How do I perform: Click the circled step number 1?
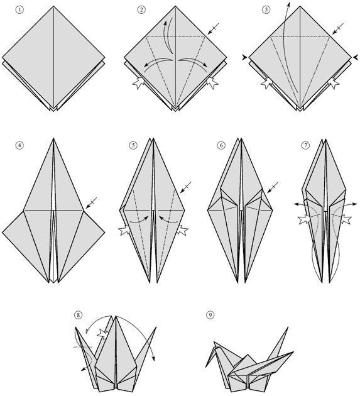pyautogui.click(x=19, y=10)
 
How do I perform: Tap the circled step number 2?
pyautogui.click(x=141, y=10)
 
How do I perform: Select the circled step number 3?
pyautogui.click(x=266, y=10)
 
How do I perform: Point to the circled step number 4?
pyautogui.click(x=19, y=145)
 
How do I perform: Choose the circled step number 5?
pyautogui.click(x=133, y=145)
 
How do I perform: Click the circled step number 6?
pyautogui.click(x=221, y=145)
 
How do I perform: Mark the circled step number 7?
pyautogui.click(x=305, y=145)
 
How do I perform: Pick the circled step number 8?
pyautogui.click(x=78, y=315)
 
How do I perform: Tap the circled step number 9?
pyautogui.click(x=210, y=315)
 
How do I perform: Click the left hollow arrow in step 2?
pyautogui.click(x=138, y=83)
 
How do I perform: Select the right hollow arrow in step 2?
pyautogui.click(x=212, y=83)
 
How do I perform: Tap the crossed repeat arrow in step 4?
pyautogui.click(x=91, y=203)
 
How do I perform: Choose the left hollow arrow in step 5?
pyautogui.click(x=124, y=230)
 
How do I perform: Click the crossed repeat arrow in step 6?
pyautogui.click(x=273, y=187)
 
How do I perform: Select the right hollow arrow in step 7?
pyautogui.click(x=346, y=219)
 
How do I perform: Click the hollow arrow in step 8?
pyautogui.click(x=103, y=334)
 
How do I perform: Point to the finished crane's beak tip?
pyautogui.click(x=206, y=366)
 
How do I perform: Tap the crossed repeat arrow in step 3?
pyautogui.click(x=338, y=28)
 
